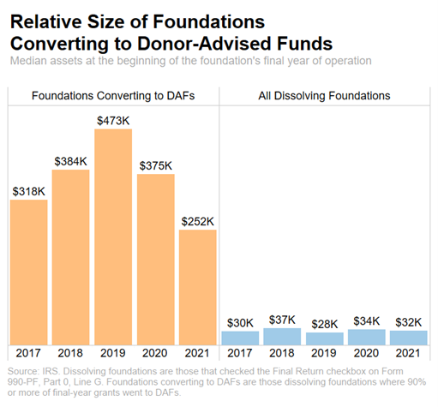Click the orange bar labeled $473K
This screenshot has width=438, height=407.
(x=113, y=236)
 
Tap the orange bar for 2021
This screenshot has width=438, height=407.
(x=197, y=287)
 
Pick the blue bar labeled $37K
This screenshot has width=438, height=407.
(x=281, y=337)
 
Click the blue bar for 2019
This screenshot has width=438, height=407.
(x=323, y=338)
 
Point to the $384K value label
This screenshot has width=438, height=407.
(x=71, y=161)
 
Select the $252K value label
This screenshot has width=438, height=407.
(x=197, y=221)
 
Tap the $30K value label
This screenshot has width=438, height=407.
(x=239, y=322)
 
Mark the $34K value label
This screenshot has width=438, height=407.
(x=365, y=320)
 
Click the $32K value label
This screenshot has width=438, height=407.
(x=407, y=321)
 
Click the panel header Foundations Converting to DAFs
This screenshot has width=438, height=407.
(x=113, y=95)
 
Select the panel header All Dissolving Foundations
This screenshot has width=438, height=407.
(x=324, y=95)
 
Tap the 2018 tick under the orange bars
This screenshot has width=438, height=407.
(x=71, y=354)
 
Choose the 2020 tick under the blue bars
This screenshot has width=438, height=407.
(x=365, y=354)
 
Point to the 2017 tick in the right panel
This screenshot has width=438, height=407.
(x=239, y=354)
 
